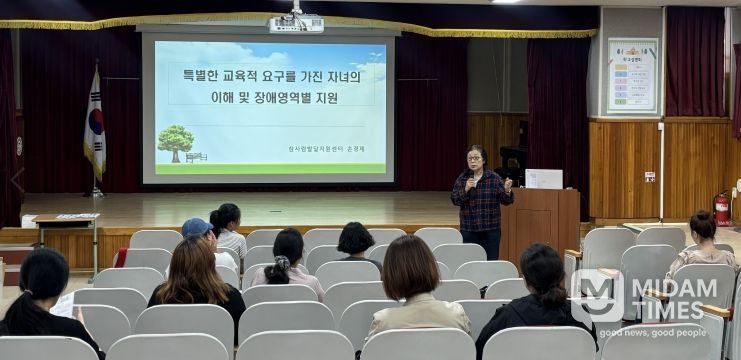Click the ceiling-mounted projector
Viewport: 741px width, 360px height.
point(296,22)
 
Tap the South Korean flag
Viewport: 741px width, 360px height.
point(95,126)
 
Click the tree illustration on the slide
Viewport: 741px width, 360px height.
point(175,141)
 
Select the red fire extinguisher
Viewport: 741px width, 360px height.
point(720,209)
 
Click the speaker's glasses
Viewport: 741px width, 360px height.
point(475,158)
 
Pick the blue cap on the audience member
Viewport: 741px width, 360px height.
point(196,227)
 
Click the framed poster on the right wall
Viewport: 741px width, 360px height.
point(632,75)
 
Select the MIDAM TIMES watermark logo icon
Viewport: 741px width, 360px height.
point(597,295)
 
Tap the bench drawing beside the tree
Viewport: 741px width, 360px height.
point(196,157)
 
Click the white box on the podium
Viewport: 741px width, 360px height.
point(544,179)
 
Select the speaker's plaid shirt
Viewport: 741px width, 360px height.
point(482,202)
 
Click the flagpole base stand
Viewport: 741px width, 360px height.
point(97,192)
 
